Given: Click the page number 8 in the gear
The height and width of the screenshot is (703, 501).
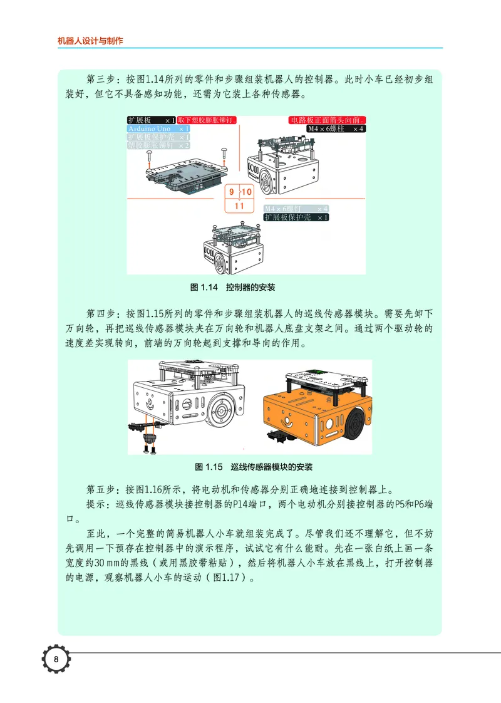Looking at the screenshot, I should (x=56, y=659).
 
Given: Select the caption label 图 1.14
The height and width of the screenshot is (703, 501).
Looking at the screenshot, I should (x=203, y=288).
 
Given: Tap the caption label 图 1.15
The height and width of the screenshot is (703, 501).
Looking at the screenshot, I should (x=209, y=467).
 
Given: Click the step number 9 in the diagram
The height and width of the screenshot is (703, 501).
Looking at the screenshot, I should (x=232, y=191).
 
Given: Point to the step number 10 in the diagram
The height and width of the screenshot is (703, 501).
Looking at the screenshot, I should (x=246, y=191).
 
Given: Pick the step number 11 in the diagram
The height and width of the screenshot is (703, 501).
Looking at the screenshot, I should (x=239, y=205).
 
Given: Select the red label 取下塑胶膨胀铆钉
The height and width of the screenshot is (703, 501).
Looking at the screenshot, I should (x=206, y=120).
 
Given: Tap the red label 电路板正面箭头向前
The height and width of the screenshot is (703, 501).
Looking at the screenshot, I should (x=327, y=120).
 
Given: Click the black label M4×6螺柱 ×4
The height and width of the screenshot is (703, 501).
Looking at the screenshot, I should (x=335, y=128).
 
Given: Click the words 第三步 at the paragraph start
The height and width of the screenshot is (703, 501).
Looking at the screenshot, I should (x=98, y=80).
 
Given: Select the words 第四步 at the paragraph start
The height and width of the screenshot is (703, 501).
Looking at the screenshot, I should (x=98, y=312).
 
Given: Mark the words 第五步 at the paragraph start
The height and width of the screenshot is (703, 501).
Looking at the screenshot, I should (x=98, y=488).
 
